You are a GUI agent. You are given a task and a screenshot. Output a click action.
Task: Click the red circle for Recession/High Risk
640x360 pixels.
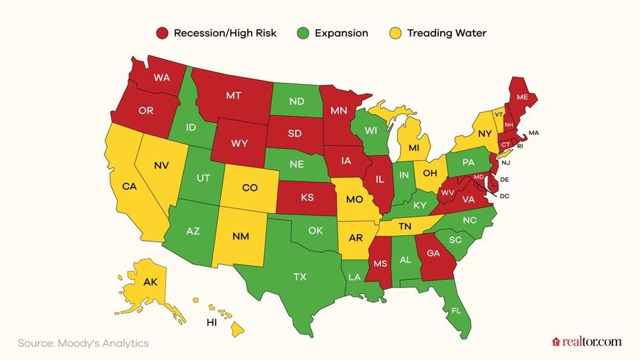(x=162, y=33)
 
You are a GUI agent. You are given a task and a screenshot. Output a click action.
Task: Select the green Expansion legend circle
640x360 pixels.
(x=303, y=33)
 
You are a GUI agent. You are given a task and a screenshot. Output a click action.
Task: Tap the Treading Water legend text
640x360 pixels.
(x=446, y=33)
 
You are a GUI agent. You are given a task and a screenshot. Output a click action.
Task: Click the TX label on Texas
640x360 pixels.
(x=299, y=277)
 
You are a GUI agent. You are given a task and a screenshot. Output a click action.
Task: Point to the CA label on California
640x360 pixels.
(x=129, y=186)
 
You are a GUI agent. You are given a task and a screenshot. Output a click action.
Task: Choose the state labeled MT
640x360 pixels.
(x=234, y=96)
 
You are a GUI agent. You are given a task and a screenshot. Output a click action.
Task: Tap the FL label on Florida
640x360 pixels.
(x=456, y=310)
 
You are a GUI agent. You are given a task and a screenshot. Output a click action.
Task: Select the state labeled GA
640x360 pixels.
(x=434, y=253)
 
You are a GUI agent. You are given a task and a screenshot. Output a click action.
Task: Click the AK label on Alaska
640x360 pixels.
(x=150, y=282)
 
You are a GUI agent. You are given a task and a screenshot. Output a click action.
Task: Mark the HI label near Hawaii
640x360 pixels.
(x=213, y=322)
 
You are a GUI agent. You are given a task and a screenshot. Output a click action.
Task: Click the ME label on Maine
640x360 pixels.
(x=522, y=98)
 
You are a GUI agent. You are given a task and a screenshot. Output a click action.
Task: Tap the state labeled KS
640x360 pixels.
(x=307, y=197)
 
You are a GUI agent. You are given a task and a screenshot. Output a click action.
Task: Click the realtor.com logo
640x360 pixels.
(x=586, y=341)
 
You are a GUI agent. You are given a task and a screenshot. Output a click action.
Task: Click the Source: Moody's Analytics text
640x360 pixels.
(x=83, y=343)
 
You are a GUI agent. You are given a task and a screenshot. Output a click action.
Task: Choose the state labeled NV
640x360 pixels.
(x=161, y=165)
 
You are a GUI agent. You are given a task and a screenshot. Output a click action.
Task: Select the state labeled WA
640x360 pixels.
(x=161, y=78)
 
